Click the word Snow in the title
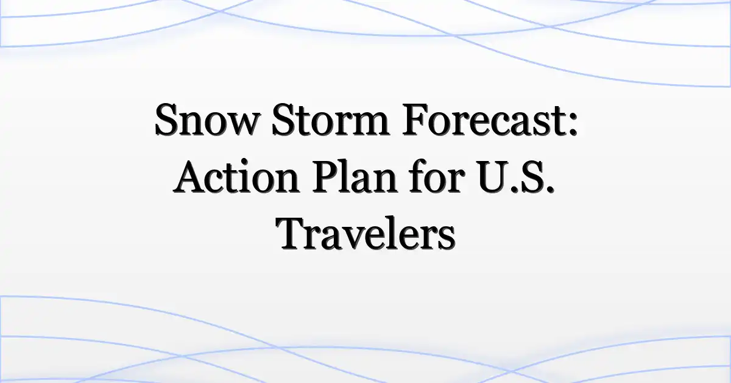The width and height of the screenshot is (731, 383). click(x=207, y=120)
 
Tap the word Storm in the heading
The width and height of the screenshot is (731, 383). click(x=331, y=120)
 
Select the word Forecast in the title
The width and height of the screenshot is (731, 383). click(x=484, y=120)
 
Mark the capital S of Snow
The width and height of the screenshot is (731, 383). click(x=167, y=120)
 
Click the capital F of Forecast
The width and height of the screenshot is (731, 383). click(x=415, y=120)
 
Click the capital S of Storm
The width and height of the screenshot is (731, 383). click(x=284, y=120)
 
